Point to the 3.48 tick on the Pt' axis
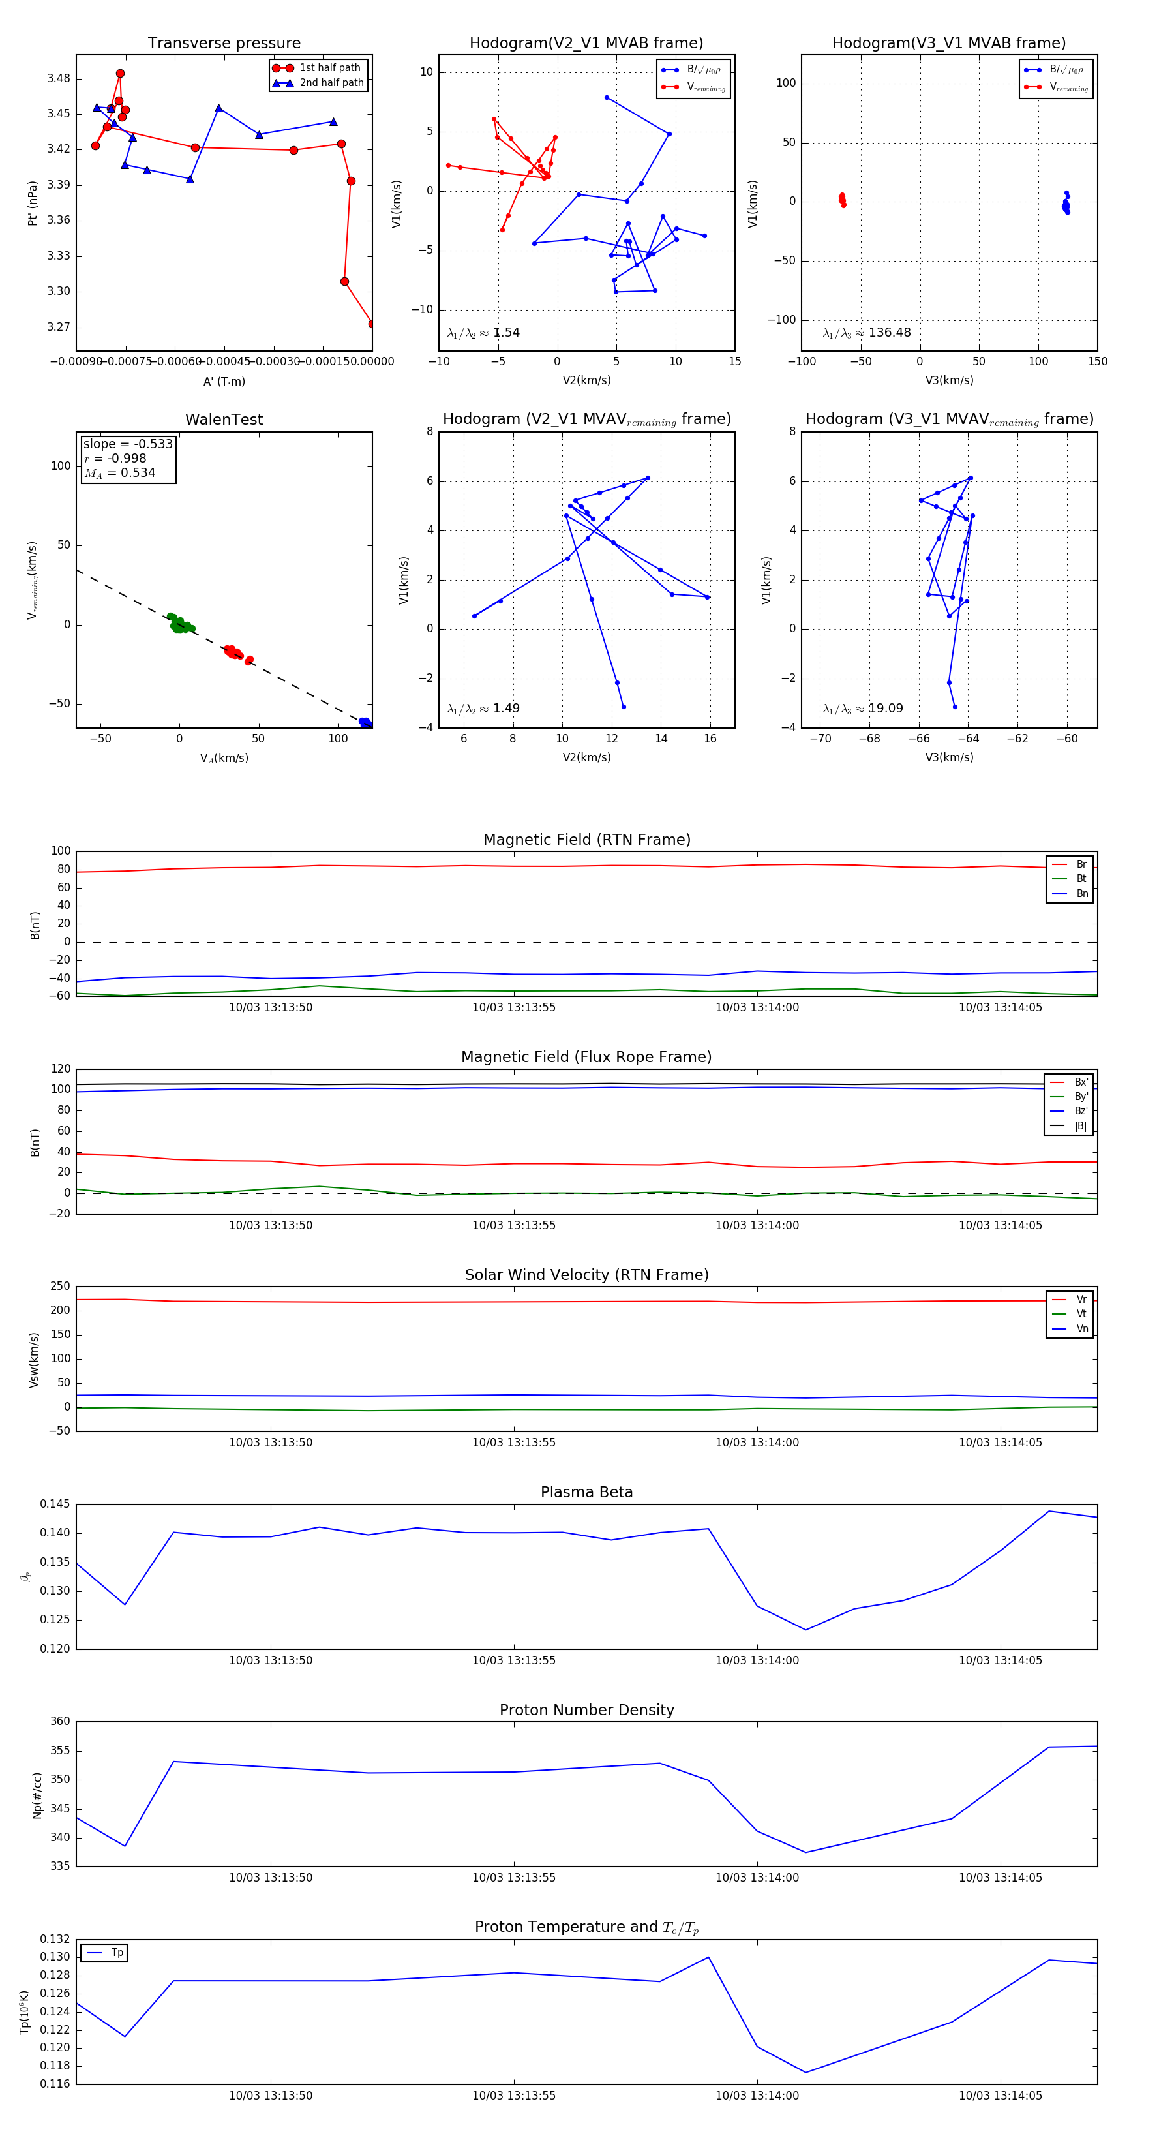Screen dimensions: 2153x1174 [59, 78]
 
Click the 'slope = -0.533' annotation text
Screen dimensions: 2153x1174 [128, 444]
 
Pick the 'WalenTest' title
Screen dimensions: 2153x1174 [224, 420]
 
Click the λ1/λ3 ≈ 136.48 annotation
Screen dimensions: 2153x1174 [867, 333]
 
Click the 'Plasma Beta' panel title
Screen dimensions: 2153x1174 [586, 1492]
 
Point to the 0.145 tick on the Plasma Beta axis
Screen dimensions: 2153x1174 [55, 1504]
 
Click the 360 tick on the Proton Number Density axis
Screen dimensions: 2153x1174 [60, 1722]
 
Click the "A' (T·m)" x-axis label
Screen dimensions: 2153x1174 [224, 381]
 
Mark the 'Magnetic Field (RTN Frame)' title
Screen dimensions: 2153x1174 [586, 840]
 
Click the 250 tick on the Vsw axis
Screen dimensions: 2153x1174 [60, 1287]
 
